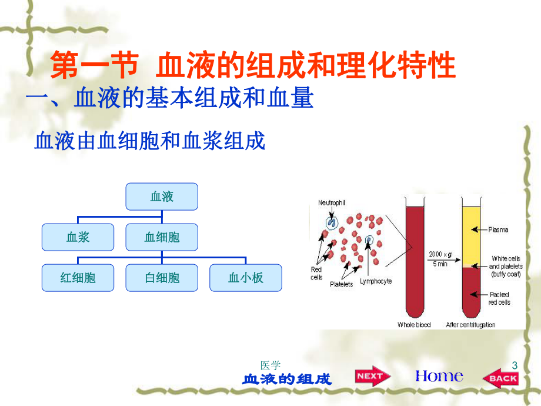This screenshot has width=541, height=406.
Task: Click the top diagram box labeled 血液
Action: [162, 197]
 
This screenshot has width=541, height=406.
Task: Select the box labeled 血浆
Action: [78, 237]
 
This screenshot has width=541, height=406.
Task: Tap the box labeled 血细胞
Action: [162, 237]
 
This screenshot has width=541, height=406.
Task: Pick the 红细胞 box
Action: [78, 278]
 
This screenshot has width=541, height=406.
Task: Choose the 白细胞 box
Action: [162, 278]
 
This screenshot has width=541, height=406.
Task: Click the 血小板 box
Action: [245, 278]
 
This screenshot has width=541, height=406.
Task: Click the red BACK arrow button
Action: [501, 378]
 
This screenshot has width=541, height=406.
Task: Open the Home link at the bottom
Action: [439, 376]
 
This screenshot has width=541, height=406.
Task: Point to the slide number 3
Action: [515, 365]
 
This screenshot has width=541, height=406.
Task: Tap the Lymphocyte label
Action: [376, 281]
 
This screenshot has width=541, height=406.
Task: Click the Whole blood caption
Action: [415, 325]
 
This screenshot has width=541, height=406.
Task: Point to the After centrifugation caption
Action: [470, 325]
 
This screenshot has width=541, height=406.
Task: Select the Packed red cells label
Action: [499, 298]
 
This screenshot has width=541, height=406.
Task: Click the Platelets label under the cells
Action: [342, 284]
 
